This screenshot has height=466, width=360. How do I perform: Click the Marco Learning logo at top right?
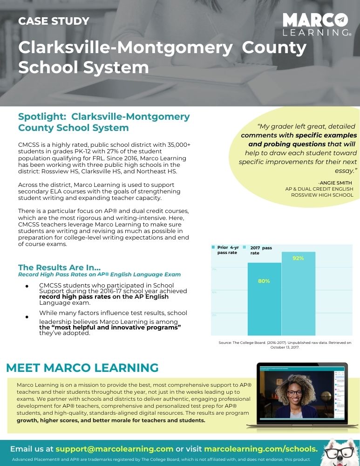[x=317, y=24]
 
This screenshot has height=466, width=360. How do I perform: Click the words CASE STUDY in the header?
[x=54, y=21]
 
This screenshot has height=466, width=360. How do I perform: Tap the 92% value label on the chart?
[x=298, y=258]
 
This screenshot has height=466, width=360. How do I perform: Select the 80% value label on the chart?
[x=264, y=281]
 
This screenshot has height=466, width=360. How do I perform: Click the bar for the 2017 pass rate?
[x=298, y=294]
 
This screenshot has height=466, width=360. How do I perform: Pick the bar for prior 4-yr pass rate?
[x=264, y=299]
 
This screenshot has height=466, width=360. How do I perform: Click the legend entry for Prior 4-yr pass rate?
[x=226, y=250]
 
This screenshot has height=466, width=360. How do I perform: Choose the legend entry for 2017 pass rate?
[x=261, y=250]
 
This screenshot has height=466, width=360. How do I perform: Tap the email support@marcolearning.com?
[x=114, y=449]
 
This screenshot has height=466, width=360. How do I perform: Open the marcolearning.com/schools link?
[x=261, y=449]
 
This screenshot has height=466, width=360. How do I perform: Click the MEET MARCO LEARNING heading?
[x=82, y=368]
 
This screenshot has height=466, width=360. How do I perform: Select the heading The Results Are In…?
[x=59, y=267]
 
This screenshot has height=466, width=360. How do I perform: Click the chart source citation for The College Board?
[x=285, y=345]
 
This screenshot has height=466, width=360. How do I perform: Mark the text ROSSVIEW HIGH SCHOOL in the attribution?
[x=322, y=195]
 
